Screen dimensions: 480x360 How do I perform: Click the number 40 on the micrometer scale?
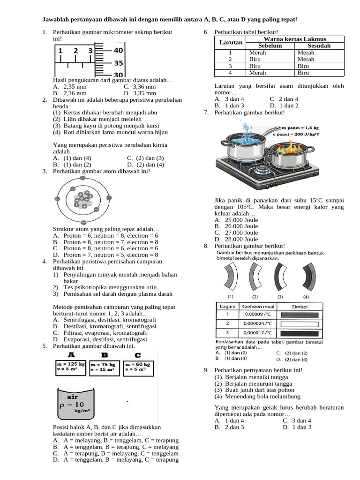point(118,50)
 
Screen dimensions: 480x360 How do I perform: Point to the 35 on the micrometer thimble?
point(118,62)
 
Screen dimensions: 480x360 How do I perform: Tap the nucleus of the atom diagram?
point(83,200)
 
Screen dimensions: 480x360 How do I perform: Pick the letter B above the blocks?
point(105,355)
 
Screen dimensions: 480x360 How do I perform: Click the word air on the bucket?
point(72,396)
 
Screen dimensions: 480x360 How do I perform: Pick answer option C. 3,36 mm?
point(140,87)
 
